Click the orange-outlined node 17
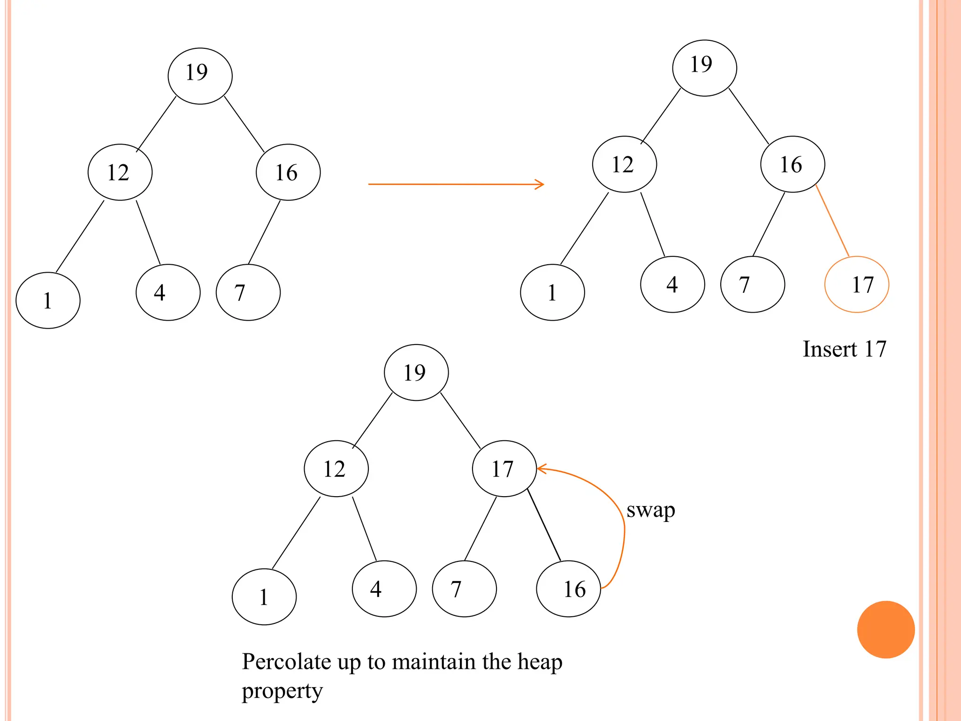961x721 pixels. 856,284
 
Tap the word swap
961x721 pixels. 650,510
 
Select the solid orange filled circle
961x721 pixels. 885,629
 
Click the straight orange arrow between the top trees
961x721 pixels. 456,184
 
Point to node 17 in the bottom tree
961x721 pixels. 504,468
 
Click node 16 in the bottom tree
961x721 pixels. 568,589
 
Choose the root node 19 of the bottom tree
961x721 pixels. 416,373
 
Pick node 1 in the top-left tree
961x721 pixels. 48,300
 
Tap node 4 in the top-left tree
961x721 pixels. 168,292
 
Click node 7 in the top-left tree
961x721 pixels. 248,292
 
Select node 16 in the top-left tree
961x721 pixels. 288,172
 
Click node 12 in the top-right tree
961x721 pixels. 624,164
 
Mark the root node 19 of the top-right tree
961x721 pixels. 704,68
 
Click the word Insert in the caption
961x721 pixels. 829,349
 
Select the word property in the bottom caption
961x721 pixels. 282,691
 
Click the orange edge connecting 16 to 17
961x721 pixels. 832,221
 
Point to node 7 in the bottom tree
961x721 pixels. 464,589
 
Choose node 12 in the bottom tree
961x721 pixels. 336,468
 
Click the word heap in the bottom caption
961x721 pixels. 539,662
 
